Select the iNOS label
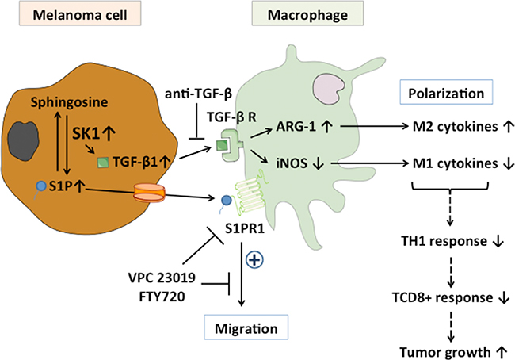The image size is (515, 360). pyautogui.click(x=296, y=164)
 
